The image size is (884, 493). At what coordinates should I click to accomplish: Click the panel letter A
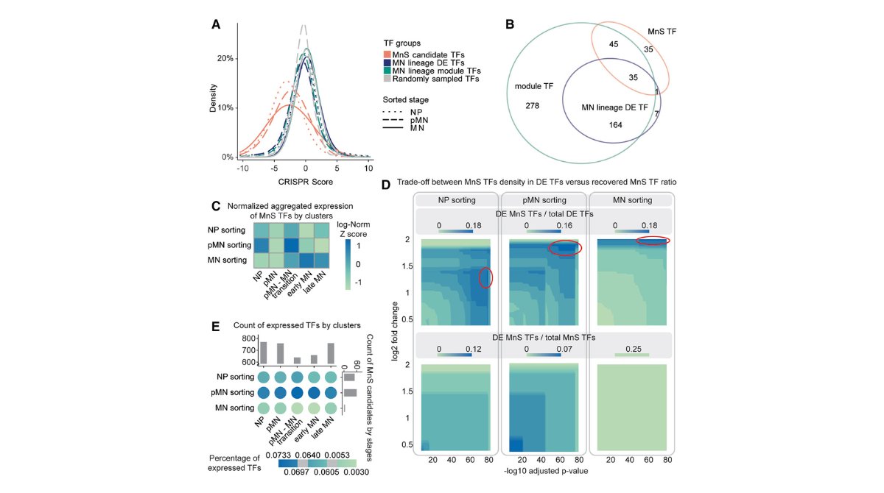pyautogui.click(x=216, y=24)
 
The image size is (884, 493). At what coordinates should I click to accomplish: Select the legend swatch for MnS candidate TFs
pyautogui.click(x=387, y=54)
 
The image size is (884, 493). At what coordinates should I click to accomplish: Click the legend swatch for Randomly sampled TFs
pyautogui.click(x=387, y=79)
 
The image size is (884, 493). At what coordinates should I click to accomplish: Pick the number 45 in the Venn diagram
pyautogui.click(x=613, y=44)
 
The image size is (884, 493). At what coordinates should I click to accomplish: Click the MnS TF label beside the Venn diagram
pyautogui.click(x=662, y=33)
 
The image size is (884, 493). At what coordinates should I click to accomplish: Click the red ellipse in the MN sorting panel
pyautogui.click(x=653, y=241)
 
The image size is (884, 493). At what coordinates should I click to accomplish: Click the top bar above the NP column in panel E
pyautogui.click(x=263, y=352)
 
